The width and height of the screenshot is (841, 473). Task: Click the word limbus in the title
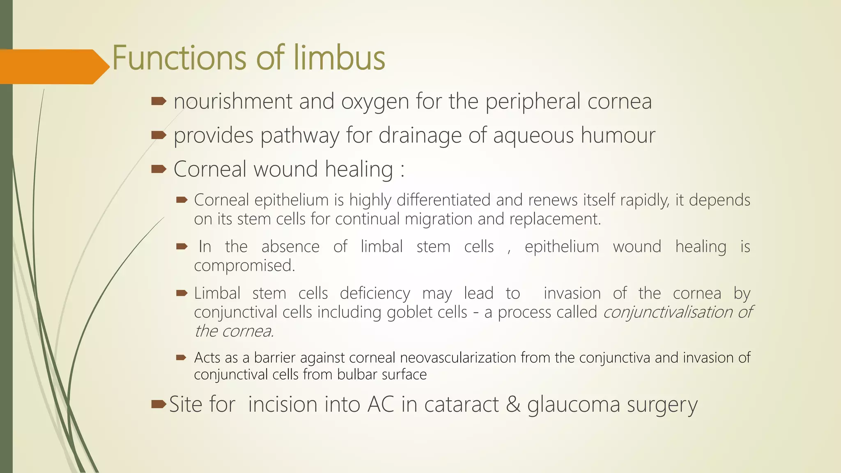[x=339, y=57]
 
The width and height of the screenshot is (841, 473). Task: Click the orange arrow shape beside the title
[x=51, y=67]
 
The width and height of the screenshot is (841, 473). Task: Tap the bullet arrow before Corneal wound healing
[x=159, y=169]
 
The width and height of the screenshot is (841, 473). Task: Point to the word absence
[x=290, y=246]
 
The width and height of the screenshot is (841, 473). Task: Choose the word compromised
[x=244, y=265]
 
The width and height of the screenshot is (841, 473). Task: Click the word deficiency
[x=375, y=294]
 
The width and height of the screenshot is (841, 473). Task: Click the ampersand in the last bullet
[x=513, y=404]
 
